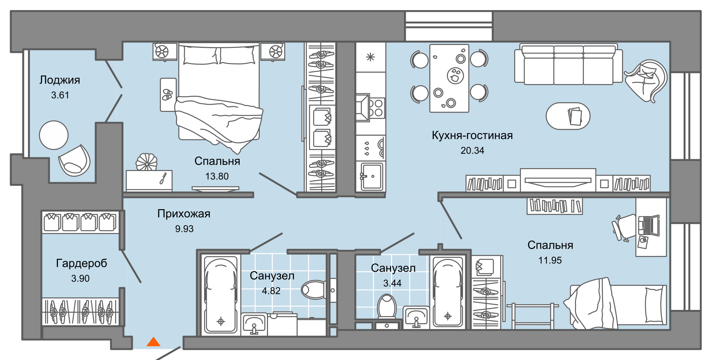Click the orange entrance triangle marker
pos(154,342)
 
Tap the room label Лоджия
pos(60,80)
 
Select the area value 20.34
pos(472,150)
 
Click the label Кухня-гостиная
pos(472,135)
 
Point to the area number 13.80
pos(217,176)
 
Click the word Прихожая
pos(183,214)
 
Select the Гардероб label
pos(81,263)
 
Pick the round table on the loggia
pos(54,135)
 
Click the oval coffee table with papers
pos(568,116)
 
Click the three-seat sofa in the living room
pos(568,65)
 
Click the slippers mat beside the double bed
pos(168,95)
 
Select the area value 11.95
pos(550,260)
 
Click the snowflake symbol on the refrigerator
pos(370,57)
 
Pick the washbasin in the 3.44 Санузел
pos(416,317)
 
